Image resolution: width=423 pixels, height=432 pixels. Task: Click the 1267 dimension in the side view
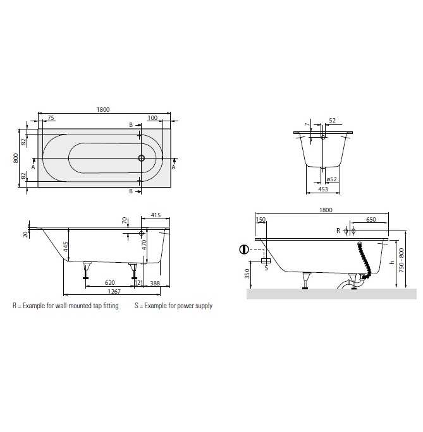point(114,292)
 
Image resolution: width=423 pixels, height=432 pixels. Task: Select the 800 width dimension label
point(16,158)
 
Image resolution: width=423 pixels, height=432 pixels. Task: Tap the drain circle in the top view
point(142,158)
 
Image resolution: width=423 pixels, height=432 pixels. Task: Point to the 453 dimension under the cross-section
point(323,189)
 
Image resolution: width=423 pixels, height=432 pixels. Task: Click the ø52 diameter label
point(332,179)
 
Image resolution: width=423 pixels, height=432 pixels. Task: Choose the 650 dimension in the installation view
point(371,219)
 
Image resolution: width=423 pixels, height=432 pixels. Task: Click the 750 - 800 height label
point(402,260)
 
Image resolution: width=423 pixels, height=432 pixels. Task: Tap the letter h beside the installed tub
point(392,262)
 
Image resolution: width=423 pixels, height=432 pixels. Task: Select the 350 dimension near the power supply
point(247,273)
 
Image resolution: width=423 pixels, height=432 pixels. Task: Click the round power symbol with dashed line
point(244,249)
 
